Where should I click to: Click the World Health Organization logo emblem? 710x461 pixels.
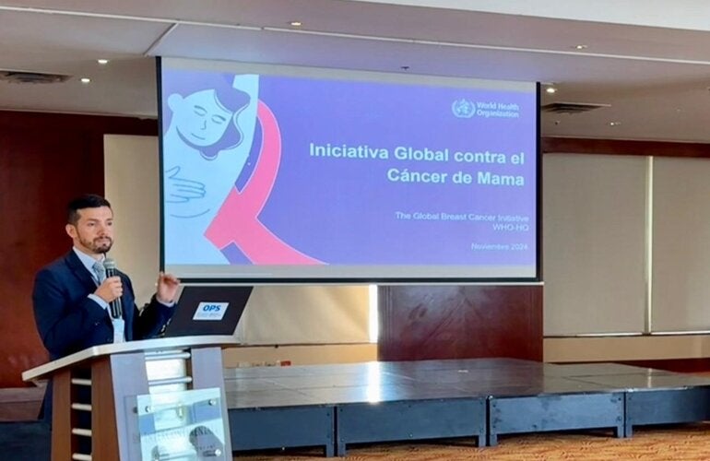coord(463,108)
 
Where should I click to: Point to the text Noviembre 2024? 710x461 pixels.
coord(497,246)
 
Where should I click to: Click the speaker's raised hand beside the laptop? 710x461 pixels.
coord(167,286)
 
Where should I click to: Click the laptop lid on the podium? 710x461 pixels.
coord(209,311)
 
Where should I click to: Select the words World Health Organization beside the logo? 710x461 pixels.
coord(498,109)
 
